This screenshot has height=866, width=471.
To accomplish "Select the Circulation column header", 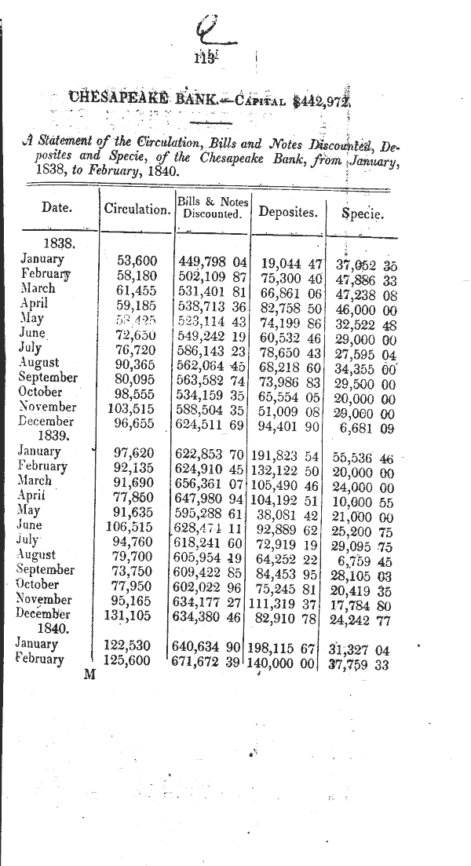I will pos(137,210).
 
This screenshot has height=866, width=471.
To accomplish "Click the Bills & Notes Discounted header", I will pos(211,207).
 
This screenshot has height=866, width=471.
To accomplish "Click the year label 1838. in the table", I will pos(59,244).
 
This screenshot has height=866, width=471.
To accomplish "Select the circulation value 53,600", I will pos(137,260).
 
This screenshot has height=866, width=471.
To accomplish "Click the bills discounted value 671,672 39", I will pos(209,660).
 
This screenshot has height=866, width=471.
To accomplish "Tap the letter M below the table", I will pos(89,676).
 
